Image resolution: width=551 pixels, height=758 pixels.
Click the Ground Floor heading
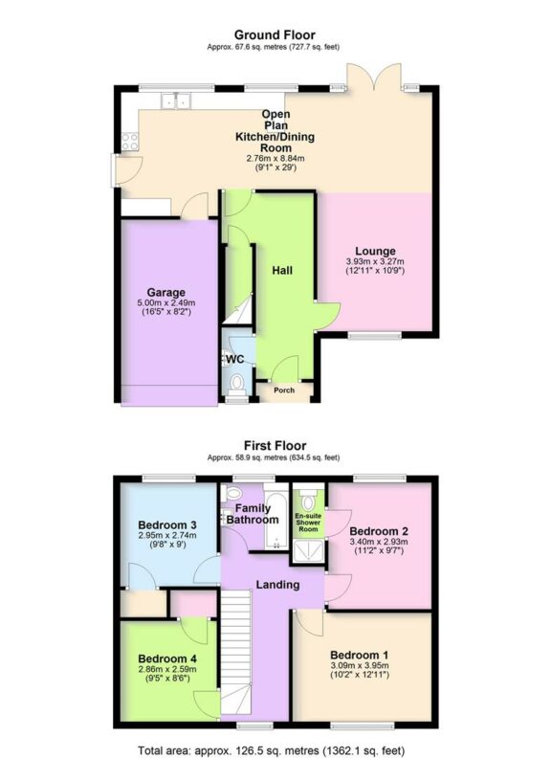click(275, 35)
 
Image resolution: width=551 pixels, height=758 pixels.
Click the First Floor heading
click(275, 446)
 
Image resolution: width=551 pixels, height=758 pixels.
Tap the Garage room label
click(165, 292)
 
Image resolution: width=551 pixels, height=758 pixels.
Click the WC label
click(234, 359)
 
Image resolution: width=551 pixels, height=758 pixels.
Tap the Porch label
click(284, 390)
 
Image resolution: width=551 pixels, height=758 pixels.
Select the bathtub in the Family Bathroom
click(272, 521)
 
